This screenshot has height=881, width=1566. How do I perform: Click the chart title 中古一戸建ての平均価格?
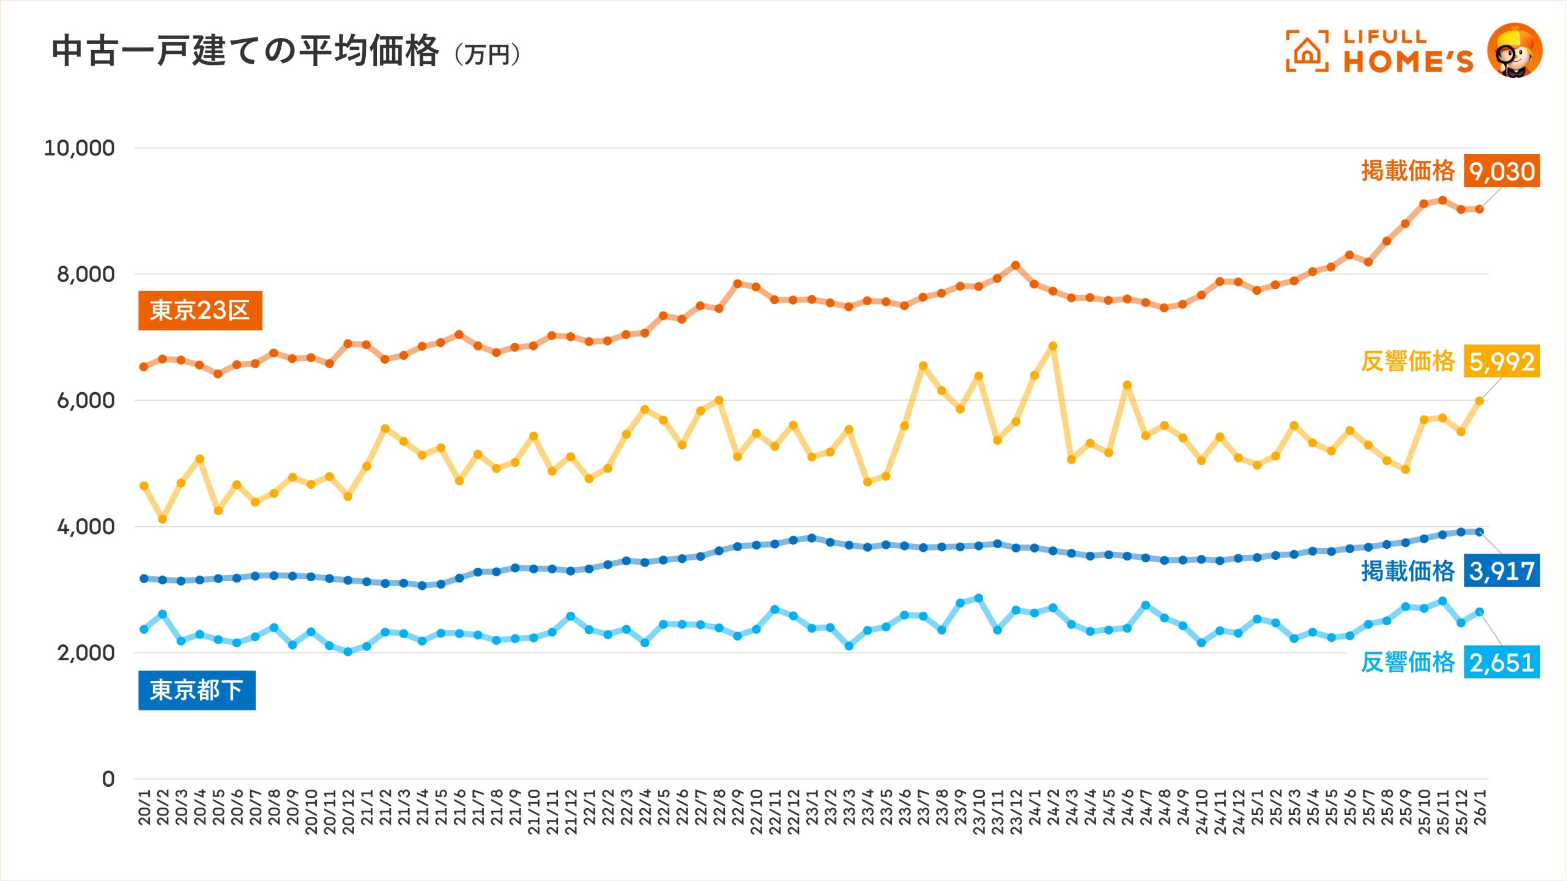coord(245,51)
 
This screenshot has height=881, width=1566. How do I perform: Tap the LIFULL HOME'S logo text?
coord(1407,52)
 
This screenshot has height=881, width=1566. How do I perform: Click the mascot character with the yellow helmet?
coord(1515,51)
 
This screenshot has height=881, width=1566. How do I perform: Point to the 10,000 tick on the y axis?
coord(79,148)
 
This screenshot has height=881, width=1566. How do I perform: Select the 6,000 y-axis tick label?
coord(85,401)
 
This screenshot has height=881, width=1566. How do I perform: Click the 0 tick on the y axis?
coord(108,779)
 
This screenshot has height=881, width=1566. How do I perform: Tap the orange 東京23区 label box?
coord(200,311)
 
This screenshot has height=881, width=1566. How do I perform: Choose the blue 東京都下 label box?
coord(196,690)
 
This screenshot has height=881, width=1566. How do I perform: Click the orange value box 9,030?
coord(1502,171)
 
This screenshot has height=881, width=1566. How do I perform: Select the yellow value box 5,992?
coord(1502,362)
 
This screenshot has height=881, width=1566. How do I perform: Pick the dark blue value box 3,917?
coord(1502,571)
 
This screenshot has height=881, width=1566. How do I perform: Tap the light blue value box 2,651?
coord(1502,663)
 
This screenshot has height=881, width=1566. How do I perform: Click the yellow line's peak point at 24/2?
coord(1053,346)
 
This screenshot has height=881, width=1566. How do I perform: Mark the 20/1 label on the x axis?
coord(144,807)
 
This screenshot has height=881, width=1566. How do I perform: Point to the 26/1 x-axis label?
coord(1480,807)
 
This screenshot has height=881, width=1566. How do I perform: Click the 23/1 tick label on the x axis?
coord(812,807)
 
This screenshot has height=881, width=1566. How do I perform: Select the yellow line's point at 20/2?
coord(163,519)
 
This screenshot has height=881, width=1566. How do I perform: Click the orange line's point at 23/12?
coord(1015,266)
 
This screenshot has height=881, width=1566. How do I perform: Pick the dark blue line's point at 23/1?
coord(812,538)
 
